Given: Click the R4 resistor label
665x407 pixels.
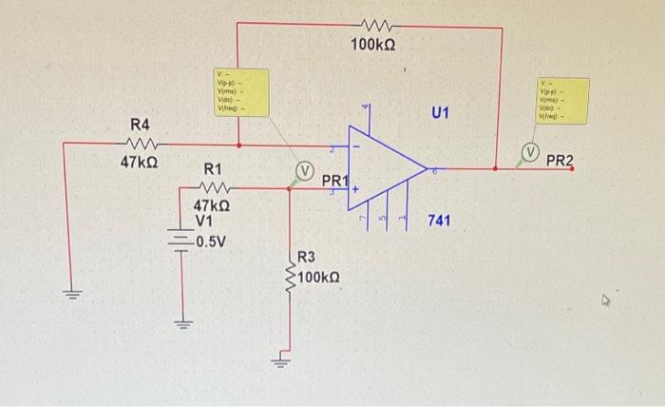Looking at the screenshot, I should (141, 126).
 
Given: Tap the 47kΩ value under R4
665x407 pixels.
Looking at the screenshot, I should (139, 164).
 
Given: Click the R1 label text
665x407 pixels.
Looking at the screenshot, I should (213, 169).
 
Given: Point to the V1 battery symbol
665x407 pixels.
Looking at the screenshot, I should (181, 239).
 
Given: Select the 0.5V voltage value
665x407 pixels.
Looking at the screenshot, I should (209, 240).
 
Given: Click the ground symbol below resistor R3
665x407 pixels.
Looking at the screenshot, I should (281, 359).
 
